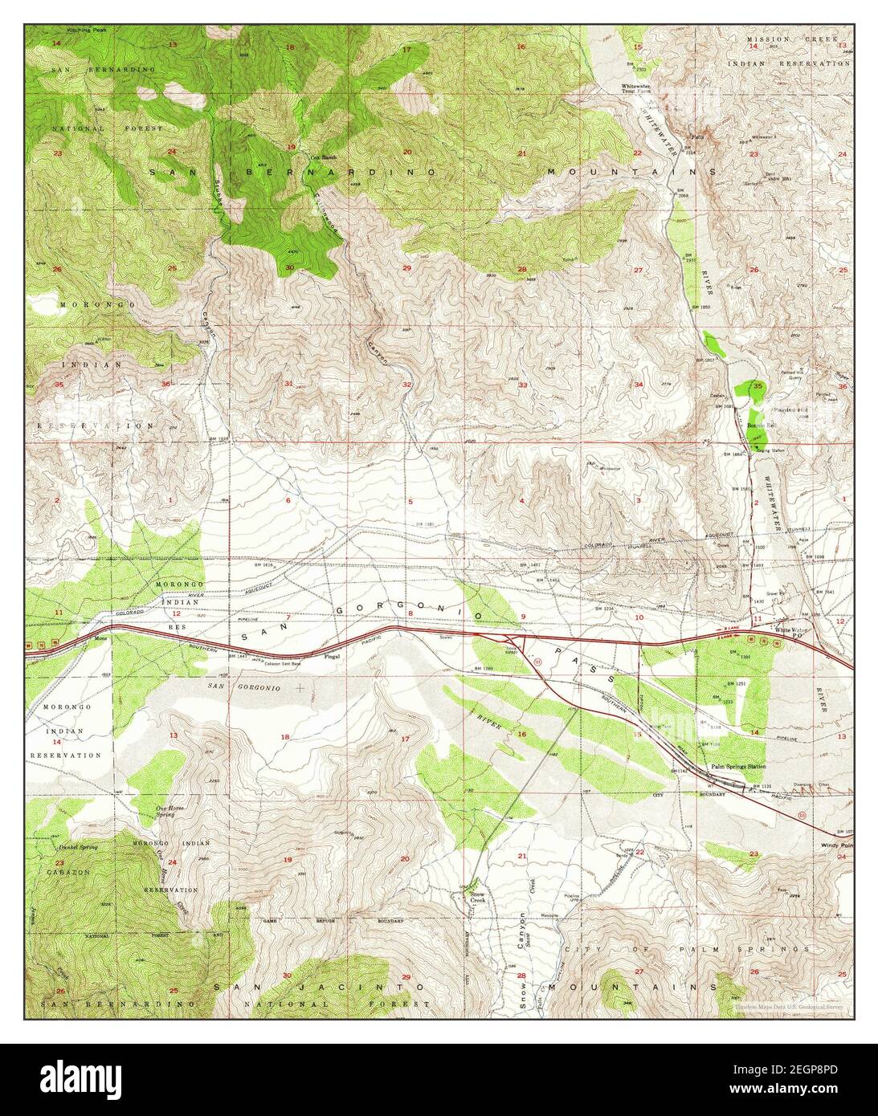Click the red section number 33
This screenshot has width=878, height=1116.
pyautogui.click(x=523, y=385)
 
